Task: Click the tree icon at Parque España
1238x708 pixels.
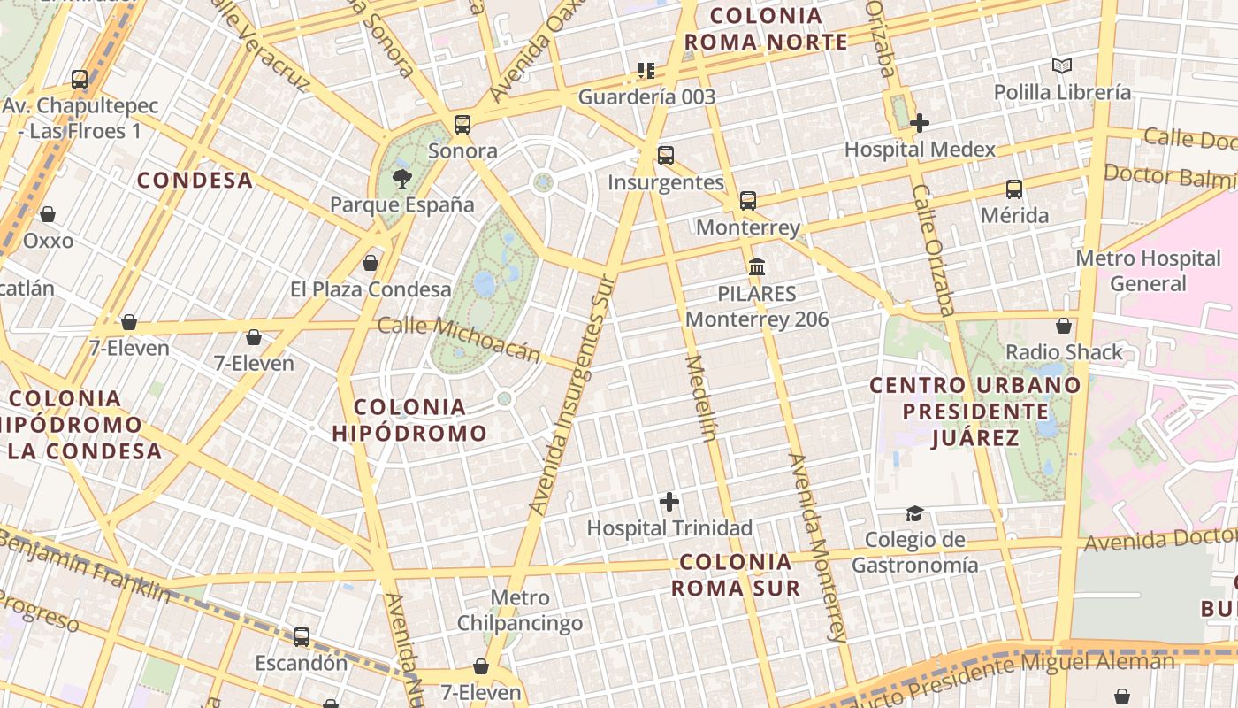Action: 402,178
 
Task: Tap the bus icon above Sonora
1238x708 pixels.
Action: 462,125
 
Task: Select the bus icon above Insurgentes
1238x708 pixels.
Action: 666,156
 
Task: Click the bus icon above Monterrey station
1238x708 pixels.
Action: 748,201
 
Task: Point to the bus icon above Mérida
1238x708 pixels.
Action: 1014,189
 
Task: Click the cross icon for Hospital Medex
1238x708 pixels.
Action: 920,123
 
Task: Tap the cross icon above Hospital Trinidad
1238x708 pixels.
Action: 669,503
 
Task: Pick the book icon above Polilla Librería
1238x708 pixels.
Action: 1062,66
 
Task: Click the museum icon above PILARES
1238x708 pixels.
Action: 757,266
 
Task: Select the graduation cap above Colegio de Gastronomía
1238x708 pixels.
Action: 914,514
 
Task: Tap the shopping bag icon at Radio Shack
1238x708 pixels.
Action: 1064,327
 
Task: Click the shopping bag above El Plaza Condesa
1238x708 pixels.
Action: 371,263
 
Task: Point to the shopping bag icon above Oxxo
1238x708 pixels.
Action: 48,214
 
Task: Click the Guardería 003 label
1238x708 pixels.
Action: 646,96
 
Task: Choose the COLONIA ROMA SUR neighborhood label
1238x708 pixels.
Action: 736,574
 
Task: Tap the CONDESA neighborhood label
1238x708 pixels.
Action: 195,181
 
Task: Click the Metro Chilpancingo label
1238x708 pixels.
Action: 520,611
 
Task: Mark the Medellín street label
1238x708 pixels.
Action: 699,398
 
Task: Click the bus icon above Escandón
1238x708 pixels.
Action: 302,637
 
